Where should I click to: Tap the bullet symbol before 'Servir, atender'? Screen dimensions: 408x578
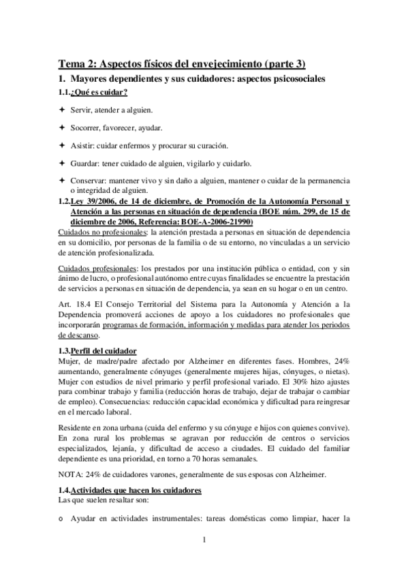click(x=61, y=110)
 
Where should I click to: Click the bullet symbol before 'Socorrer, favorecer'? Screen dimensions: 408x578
click(x=61, y=127)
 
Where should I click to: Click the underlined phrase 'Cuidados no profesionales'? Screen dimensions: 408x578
click(x=97, y=233)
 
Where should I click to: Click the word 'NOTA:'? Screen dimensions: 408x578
click(x=72, y=474)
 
